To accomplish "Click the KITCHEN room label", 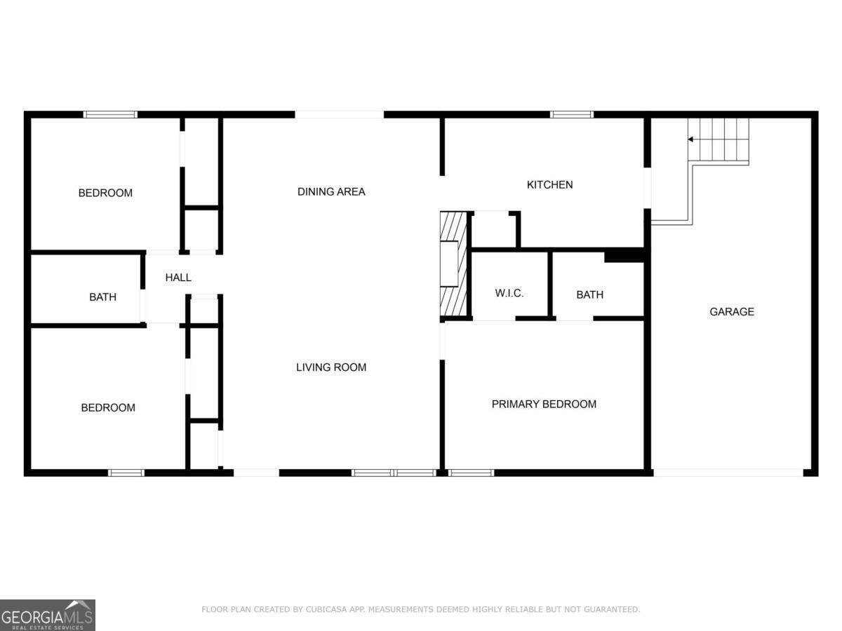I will (x=550, y=185).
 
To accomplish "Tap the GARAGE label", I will (x=732, y=312).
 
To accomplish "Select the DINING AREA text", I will (x=331, y=191).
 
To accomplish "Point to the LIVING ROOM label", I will (x=331, y=367).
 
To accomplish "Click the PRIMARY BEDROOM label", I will (x=544, y=404).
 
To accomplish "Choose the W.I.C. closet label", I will (x=509, y=294).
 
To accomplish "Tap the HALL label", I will (x=178, y=278).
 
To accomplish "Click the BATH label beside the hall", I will (x=102, y=297).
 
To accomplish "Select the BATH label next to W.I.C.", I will (x=589, y=294).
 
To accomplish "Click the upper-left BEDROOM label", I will (x=105, y=193).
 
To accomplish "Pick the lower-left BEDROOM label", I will (x=108, y=407).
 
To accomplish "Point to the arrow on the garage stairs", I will (x=692, y=140).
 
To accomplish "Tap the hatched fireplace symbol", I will (x=453, y=264).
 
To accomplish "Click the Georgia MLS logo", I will (x=48, y=615).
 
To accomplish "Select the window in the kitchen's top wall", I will (x=572, y=114).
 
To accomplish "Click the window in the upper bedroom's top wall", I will (x=110, y=114).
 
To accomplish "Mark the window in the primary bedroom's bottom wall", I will (x=471, y=473).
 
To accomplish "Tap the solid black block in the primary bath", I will (x=624, y=256).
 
